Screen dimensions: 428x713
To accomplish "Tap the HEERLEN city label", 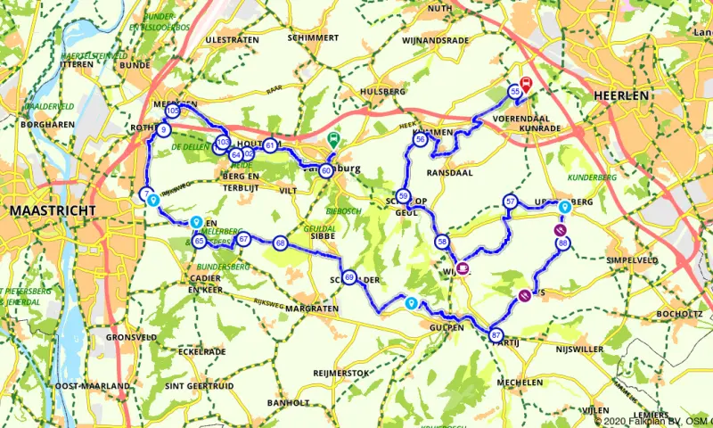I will pyautogui.click(x=624, y=95).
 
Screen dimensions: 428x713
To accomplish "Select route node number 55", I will pyautogui.click(x=515, y=92).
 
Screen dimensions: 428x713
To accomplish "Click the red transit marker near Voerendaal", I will pyautogui.click(x=526, y=86).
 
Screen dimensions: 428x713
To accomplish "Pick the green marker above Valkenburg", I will pyautogui.click(x=333, y=140).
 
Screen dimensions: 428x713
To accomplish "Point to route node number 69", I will pyautogui.click(x=349, y=278).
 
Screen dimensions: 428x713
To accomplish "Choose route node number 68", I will pyautogui.click(x=281, y=243).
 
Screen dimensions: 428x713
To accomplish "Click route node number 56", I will pyautogui.click(x=420, y=140).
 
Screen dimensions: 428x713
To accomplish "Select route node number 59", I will pyautogui.click(x=404, y=196).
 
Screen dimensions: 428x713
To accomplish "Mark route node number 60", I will pyautogui.click(x=327, y=170).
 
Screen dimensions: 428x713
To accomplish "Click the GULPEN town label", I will pyautogui.click(x=446, y=327).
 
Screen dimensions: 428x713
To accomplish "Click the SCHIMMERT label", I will pyautogui.click(x=313, y=38).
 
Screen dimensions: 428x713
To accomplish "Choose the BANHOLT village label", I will pyautogui.click(x=287, y=402).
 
